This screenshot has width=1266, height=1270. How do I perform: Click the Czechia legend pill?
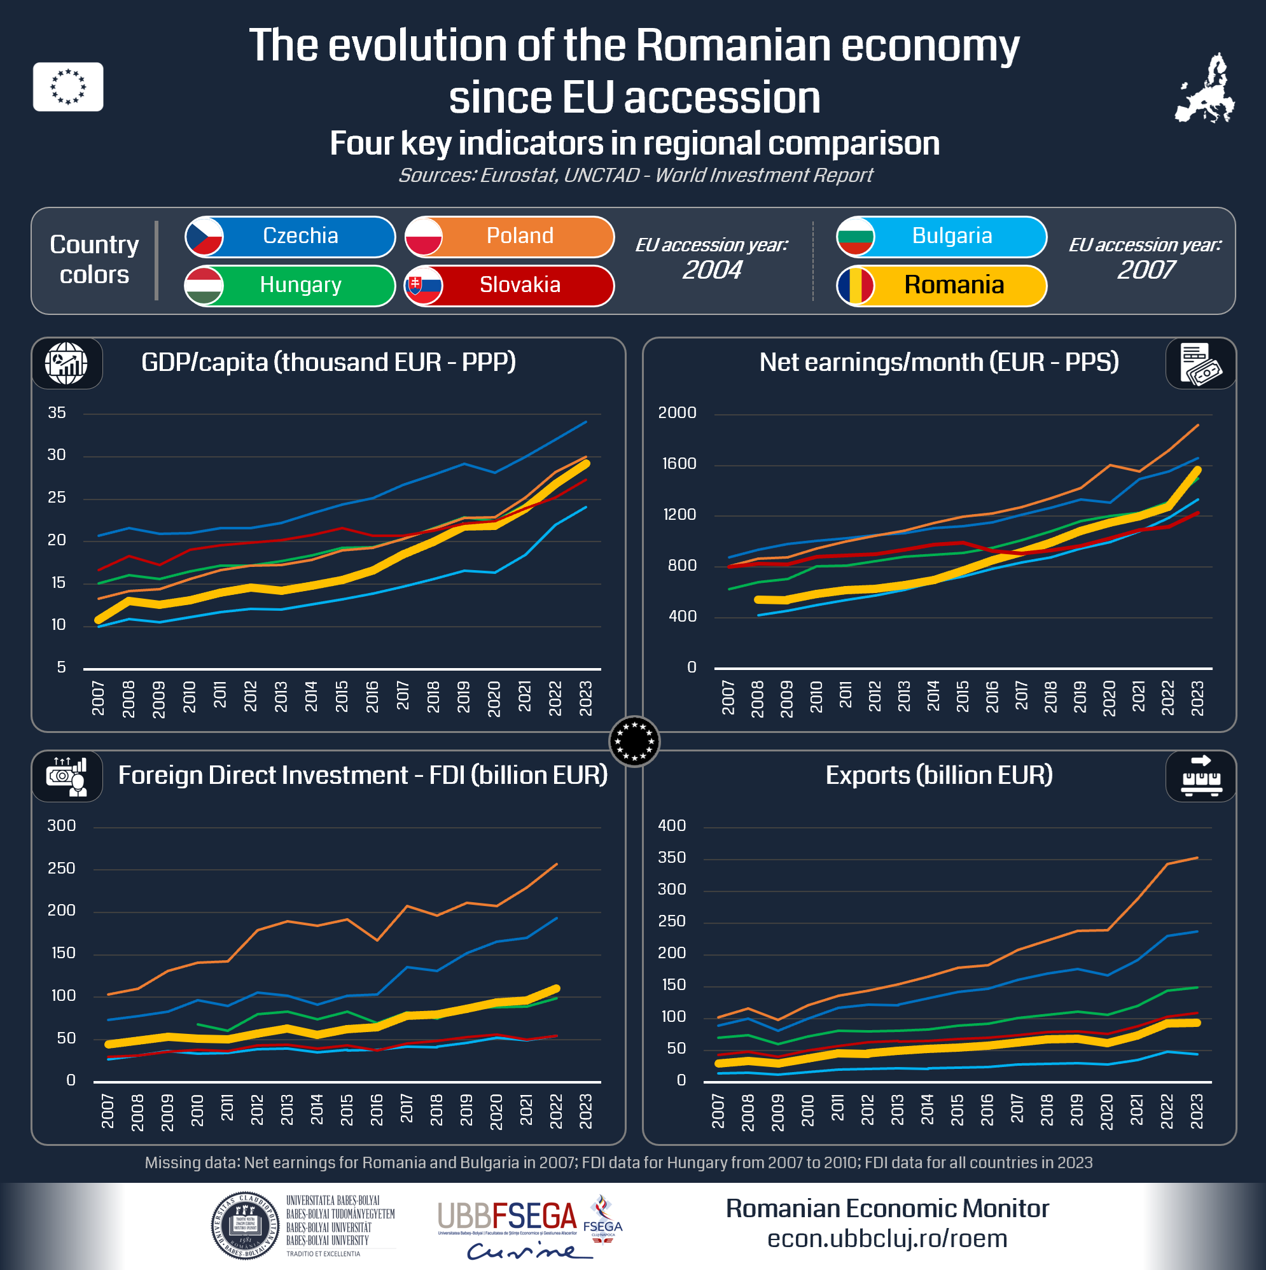pyautogui.click(x=290, y=236)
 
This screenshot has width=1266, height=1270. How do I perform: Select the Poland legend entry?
pyautogui.click(x=510, y=236)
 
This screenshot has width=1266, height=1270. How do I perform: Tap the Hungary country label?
pyautogui.click(x=290, y=285)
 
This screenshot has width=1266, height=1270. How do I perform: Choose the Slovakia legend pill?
pyautogui.click(x=510, y=285)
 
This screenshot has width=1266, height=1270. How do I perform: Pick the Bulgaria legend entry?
pyautogui.click(x=942, y=236)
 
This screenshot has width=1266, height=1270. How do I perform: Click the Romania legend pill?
pyautogui.click(x=942, y=285)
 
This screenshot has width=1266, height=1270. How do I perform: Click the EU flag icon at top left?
pyautogui.click(x=68, y=87)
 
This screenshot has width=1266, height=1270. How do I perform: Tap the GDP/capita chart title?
pyautogui.click(x=329, y=362)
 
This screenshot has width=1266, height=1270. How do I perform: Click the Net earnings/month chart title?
pyautogui.click(x=938, y=362)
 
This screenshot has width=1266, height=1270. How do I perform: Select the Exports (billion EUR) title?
pyautogui.click(x=938, y=775)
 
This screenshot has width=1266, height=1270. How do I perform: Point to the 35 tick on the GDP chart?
pyautogui.click(x=57, y=413)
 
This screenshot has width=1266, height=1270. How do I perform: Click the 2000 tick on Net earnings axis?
pyautogui.click(x=677, y=413)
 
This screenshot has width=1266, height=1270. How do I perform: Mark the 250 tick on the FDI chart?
pyautogui.click(x=61, y=869)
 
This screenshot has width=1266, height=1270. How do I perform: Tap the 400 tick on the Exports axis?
pyautogui.click(x=672, y=826)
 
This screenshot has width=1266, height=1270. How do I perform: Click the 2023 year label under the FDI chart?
pyautogui.click(x=586, y=1112)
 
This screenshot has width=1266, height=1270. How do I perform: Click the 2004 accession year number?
pyautogui.click(x=712, y=270)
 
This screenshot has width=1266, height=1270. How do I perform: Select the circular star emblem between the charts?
pyautogui.click(x=634, y=741)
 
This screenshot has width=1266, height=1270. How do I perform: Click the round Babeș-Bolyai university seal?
pyautogui.click(x=245, y=1226)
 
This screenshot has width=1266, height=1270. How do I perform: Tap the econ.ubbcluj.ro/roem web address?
pyautogui.click(x=887, y=1238)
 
